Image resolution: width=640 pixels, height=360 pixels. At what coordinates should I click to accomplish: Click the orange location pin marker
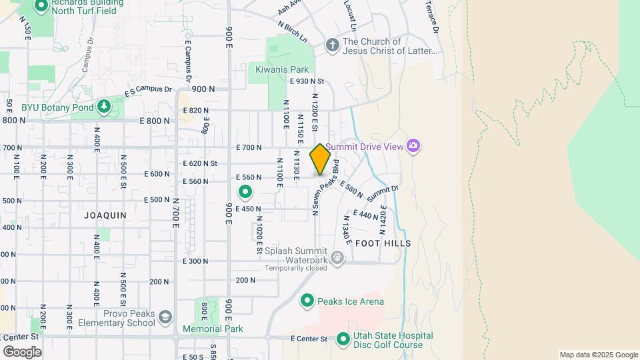[321, 159]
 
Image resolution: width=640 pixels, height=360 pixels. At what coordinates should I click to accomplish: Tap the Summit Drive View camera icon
[413, 145]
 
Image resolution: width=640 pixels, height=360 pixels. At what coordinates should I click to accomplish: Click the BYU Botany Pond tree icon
[103, 106]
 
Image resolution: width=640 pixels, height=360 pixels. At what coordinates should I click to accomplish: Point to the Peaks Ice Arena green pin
[307, 301]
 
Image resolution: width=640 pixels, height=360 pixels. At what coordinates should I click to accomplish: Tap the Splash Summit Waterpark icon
[338, 257]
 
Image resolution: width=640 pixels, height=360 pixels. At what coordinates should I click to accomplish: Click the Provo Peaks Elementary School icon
[165, 317]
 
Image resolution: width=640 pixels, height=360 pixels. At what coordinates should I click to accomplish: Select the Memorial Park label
[213, 329]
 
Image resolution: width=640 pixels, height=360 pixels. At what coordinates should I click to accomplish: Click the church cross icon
[332, 45]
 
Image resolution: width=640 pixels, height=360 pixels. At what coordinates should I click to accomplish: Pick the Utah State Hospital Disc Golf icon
[343, 339]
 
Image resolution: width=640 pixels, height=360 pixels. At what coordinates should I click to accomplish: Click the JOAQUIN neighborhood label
[105, 215]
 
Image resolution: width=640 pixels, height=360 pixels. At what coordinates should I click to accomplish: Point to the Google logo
[23, 351]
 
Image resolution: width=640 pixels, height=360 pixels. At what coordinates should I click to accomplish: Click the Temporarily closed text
[295, 268]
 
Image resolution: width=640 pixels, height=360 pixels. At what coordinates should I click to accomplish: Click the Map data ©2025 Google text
[598, 355]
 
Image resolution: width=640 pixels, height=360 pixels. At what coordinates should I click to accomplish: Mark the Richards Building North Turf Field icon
[40, 6]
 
